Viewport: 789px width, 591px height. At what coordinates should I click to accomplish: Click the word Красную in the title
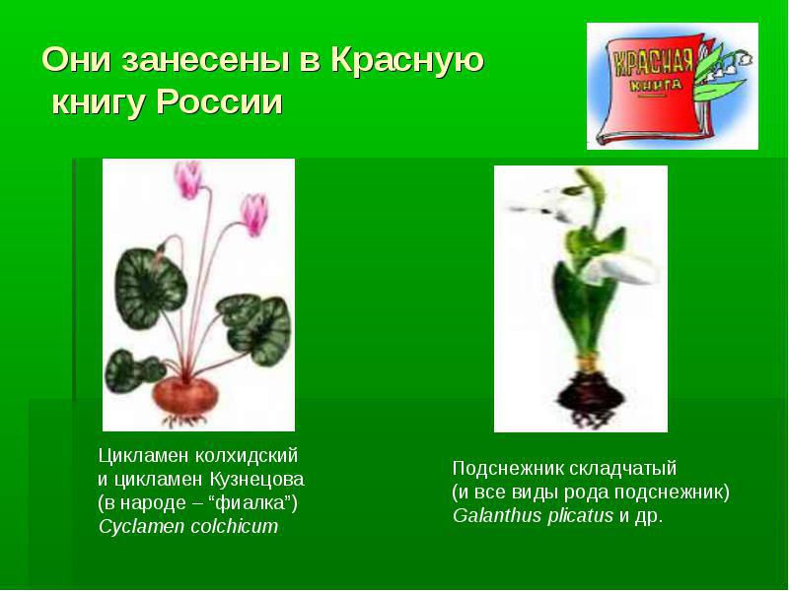pyautogui.click(x=407, y=60)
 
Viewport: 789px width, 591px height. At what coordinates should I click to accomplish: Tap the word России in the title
pyautogui.click(x=219, y=102)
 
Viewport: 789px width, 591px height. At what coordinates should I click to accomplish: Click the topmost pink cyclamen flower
pyautogui.click(x=188, y=178)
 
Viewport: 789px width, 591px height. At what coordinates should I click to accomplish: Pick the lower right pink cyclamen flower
pyautogui.click(x=254, y=214)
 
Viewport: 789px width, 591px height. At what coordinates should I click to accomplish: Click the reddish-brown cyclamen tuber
pyautogui.click(x=185, y=396)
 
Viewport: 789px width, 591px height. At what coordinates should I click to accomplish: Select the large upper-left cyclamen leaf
pyautogui.click(x=149, y=288)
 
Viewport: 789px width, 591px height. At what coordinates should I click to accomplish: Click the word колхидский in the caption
pyautogui.click(x=247, y=456)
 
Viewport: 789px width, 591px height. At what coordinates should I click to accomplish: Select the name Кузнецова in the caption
pyautogui.click(x=256, y=480)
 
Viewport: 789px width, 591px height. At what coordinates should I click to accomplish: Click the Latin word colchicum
pyautogui.click(x=235, y=526)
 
